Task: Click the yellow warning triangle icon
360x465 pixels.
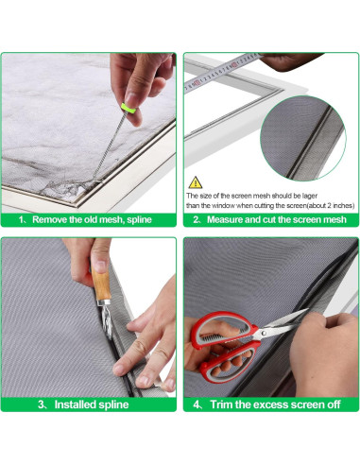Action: tap(196, 182)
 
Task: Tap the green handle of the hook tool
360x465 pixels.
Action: tap(129, 108)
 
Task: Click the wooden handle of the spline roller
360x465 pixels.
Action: tap(100, 284)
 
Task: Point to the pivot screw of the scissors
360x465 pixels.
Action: tap(263, 333)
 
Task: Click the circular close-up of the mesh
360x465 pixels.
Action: tap(303, 138)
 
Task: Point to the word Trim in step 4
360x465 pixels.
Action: tap(221, 405)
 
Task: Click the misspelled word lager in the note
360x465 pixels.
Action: tap(310, 196)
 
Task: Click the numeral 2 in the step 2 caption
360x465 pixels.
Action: tap(196, 220)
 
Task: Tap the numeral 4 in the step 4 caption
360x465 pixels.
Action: tap(197, 405)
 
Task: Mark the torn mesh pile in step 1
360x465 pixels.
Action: tap(63, 188)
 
